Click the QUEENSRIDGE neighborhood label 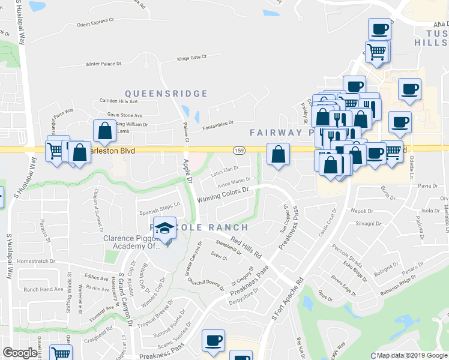(x=166, y=94)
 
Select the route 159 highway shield (x=239, y=149)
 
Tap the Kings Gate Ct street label (x=191, y=58)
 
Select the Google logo (x=20, y=353)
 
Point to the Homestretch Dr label (x=36, y=261)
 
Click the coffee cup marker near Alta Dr (x=379, y=28)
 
